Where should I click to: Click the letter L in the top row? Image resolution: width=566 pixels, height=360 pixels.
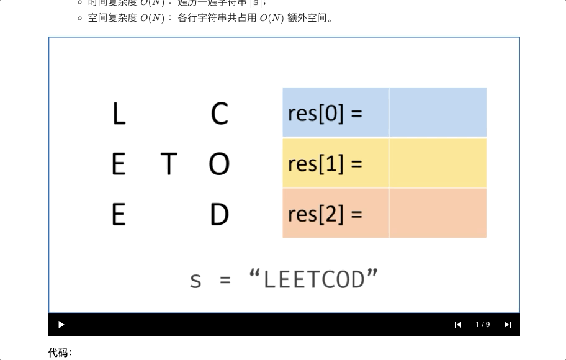click(x=119, y=114)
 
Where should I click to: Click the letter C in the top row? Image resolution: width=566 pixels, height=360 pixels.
click(x=220, y=114)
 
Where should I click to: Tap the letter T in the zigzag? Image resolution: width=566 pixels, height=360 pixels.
click(x=168, y=164)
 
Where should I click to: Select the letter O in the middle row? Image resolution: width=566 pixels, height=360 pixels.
click(x=219, y=164)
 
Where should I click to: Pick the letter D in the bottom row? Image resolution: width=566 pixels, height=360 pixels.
click(x=219, y=214)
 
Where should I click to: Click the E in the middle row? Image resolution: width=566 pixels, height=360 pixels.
click(x=119, y=164)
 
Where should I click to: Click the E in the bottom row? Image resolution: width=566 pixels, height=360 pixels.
click(x=119, y=214)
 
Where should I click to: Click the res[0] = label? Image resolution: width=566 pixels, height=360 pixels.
click(x=325, y=113)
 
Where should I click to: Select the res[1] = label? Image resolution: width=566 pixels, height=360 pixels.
click(x=325, y=163)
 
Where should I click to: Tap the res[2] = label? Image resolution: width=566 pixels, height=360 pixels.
click(x=325, y=214)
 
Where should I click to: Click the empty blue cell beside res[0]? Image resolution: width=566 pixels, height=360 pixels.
click(x=438, y=112)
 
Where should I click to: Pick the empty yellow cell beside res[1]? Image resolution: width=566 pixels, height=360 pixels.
click(x=438, y=163)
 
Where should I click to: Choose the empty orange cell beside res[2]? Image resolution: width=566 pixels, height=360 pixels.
click(x=438, y=214)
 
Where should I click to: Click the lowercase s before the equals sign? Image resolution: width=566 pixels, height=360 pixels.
click(x=195, y=281)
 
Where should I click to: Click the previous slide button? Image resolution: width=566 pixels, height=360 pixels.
click(x=458, y=325)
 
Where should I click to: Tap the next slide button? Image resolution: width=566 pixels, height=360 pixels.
click(x=508, y=325)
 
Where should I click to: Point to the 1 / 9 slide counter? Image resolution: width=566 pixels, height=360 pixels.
click(x=483, y=325)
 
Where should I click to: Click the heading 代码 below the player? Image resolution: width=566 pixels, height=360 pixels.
click(x=60, y=353)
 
